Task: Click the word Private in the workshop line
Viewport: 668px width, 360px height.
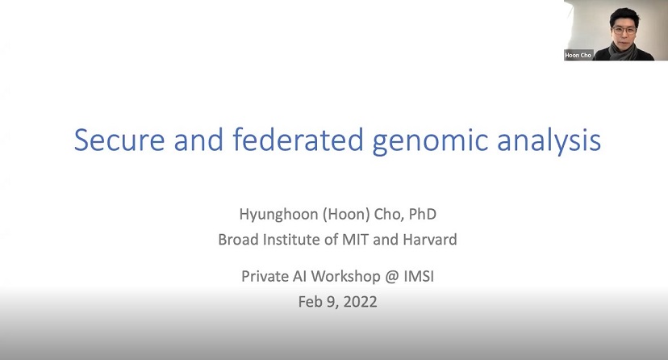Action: pyautogui.click(x=265, y=276)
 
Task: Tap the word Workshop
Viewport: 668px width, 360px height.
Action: pyautogui.click(x=343, y=276)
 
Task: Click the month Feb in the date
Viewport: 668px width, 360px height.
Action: pyautogui.click(x=310, y=303)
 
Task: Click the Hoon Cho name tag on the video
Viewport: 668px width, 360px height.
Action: pyautogui.click(x=578, y=55)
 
